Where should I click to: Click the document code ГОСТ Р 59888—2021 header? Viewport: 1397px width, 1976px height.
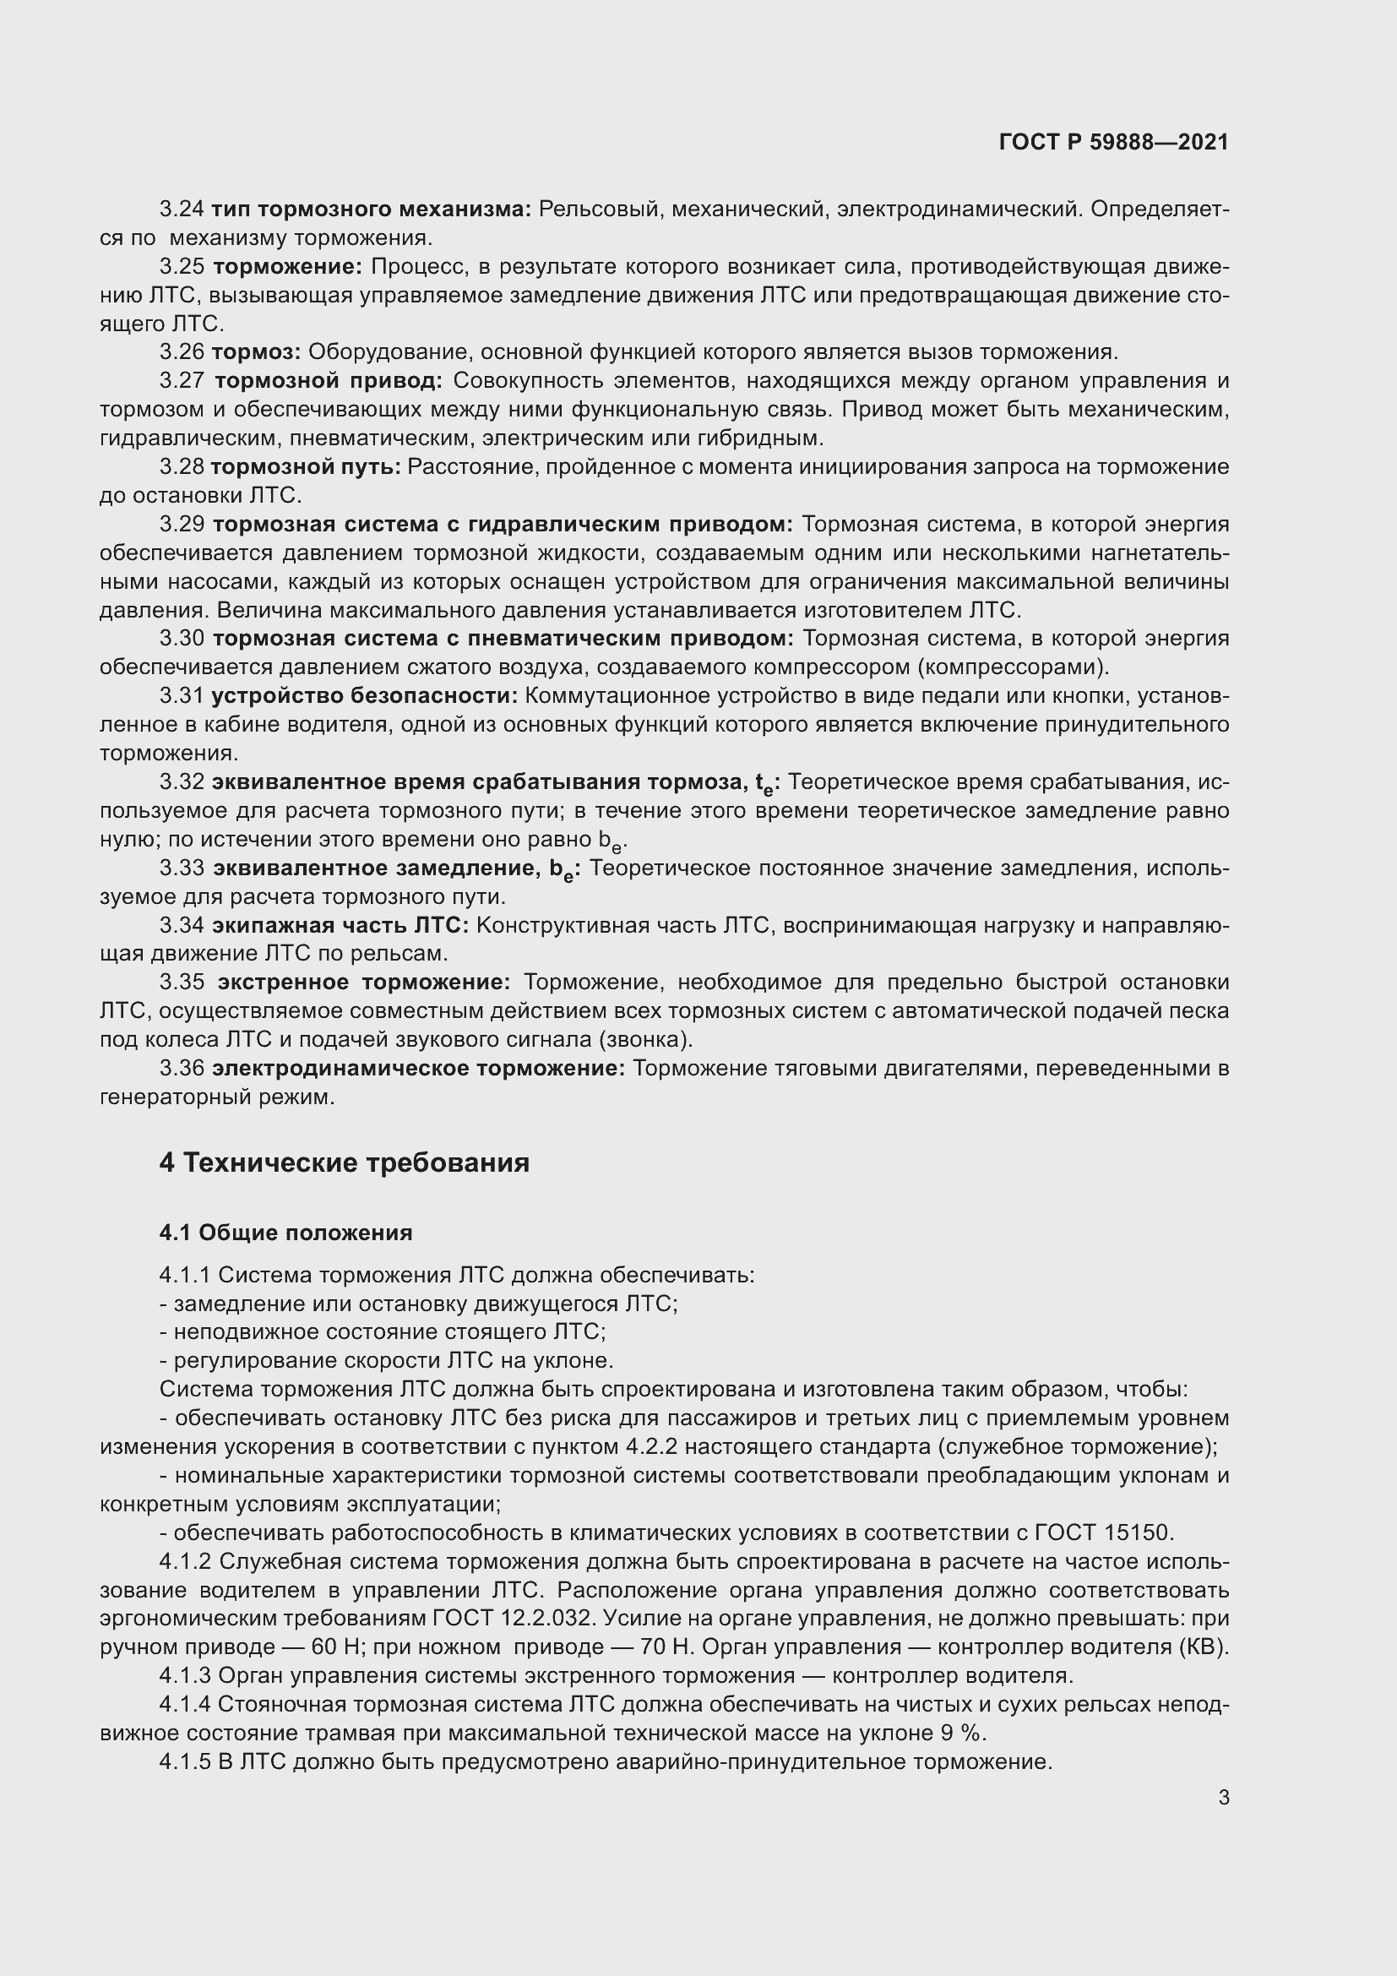click(1113, 142)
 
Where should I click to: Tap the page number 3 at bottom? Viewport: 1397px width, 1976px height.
click(1223, 1798)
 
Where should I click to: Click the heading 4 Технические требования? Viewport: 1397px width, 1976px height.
click(344, 1162)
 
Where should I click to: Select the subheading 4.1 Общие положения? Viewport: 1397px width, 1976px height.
click(285, 1233)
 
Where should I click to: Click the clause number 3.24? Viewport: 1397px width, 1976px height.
click(182, 210)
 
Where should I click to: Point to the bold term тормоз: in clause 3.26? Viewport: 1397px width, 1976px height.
click(255, 352)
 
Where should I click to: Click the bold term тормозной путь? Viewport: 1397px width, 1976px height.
click(306, 467)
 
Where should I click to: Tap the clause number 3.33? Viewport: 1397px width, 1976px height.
click(182, 868)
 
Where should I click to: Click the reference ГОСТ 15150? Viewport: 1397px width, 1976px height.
click(1104, 1532)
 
